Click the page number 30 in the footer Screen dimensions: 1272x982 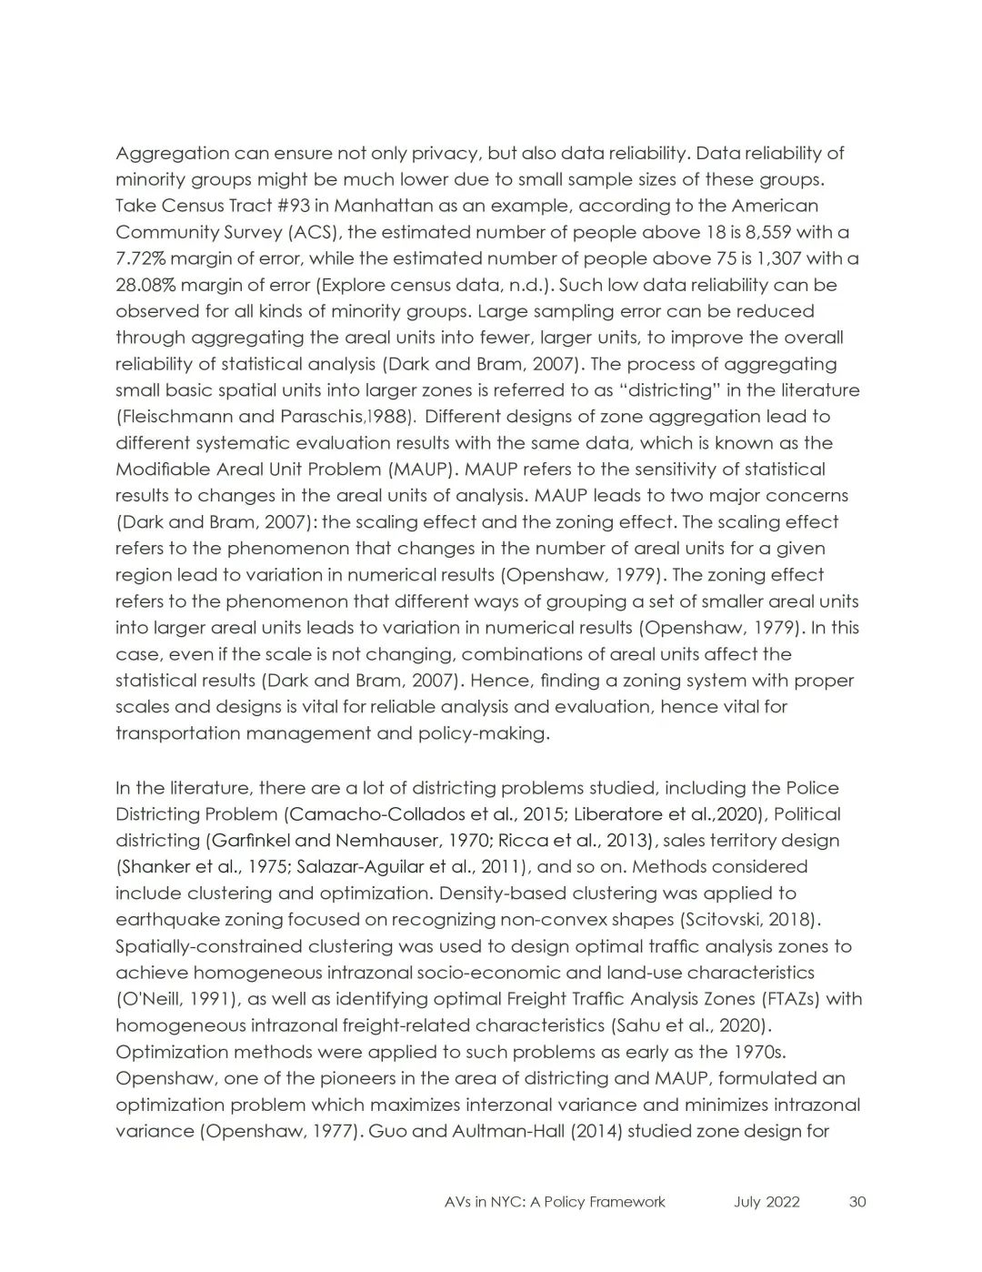pos(857,1202)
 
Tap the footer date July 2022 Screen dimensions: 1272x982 pos(767,1202)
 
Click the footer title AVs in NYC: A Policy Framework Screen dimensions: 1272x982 pos(555,1202)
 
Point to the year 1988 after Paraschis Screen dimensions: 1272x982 pos(392,417)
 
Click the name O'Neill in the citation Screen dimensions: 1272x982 pos(149,999)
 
